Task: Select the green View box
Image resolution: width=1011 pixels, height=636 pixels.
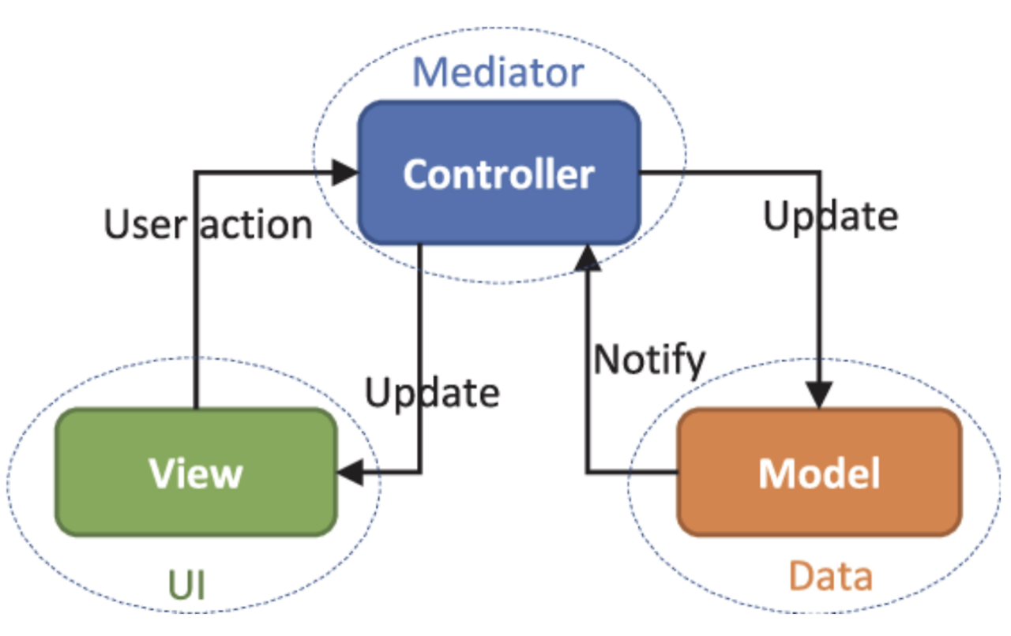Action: [x=196, y=473]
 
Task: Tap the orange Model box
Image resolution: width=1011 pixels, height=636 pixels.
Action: [x=819, y=473]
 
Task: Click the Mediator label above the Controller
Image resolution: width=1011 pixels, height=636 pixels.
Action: [x=498, y=73]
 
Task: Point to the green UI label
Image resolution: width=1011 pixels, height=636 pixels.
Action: [x=187, y=586]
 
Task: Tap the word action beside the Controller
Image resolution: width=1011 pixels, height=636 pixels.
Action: [x=257, y=225]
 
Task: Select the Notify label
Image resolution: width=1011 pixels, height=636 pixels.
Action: [x=649, y=359]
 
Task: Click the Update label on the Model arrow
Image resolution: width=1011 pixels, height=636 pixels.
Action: [x=830, y=215]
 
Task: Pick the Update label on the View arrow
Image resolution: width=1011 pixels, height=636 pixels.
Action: [x=432, y=392]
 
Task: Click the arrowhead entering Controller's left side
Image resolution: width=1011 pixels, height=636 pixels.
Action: [x=346, y=172]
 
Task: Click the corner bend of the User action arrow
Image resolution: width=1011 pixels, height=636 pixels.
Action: [x=195, y=172]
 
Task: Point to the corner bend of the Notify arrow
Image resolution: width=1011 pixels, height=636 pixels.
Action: [x=587, y=473]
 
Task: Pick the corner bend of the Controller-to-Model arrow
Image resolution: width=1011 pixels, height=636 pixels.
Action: [x=819, y=172]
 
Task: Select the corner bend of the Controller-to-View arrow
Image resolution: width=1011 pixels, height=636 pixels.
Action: [x=420, y=473]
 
